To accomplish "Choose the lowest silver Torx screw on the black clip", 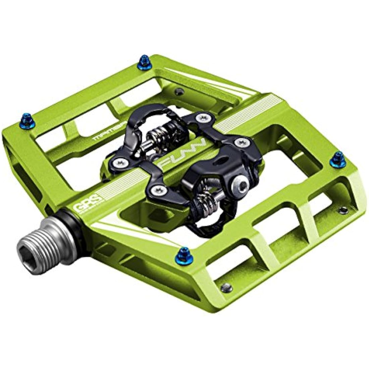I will (x=156, y=190).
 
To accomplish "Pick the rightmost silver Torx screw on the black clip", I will (x=240, y=144).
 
